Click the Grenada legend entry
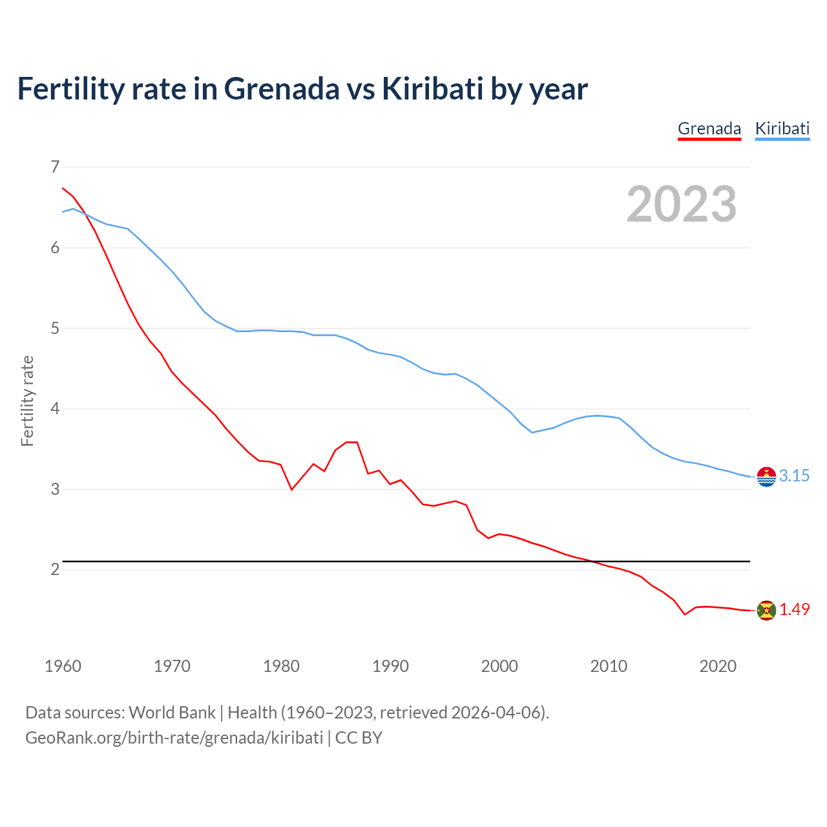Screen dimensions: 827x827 [x=709, y=129]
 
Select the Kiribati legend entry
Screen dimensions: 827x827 [x=782, y=129]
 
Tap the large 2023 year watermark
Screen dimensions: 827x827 [x=681, y=204]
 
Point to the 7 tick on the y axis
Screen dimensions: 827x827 [x=55, y=167]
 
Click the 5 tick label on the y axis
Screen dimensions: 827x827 [x=55, y=328]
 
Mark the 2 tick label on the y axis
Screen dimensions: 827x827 [x=55, y=569]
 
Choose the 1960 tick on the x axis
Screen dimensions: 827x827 [x=63, y=666]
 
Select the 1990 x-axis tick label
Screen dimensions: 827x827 [x=390, y=666]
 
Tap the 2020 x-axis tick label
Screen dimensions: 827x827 [x=718, y=666]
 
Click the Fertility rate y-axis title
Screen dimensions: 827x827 [x=27, y=401]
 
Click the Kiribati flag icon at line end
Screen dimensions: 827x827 [x=766, y=477]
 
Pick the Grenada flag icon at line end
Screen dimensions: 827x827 [x=766, y=611]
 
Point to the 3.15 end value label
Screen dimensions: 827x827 [x=794, y=476]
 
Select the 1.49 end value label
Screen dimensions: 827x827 [x=794, y=610]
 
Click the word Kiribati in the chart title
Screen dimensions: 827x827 [x=432, y=89]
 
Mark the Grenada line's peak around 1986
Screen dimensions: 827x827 [x=351, y=442]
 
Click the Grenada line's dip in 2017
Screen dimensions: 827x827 [x=685, y=614]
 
